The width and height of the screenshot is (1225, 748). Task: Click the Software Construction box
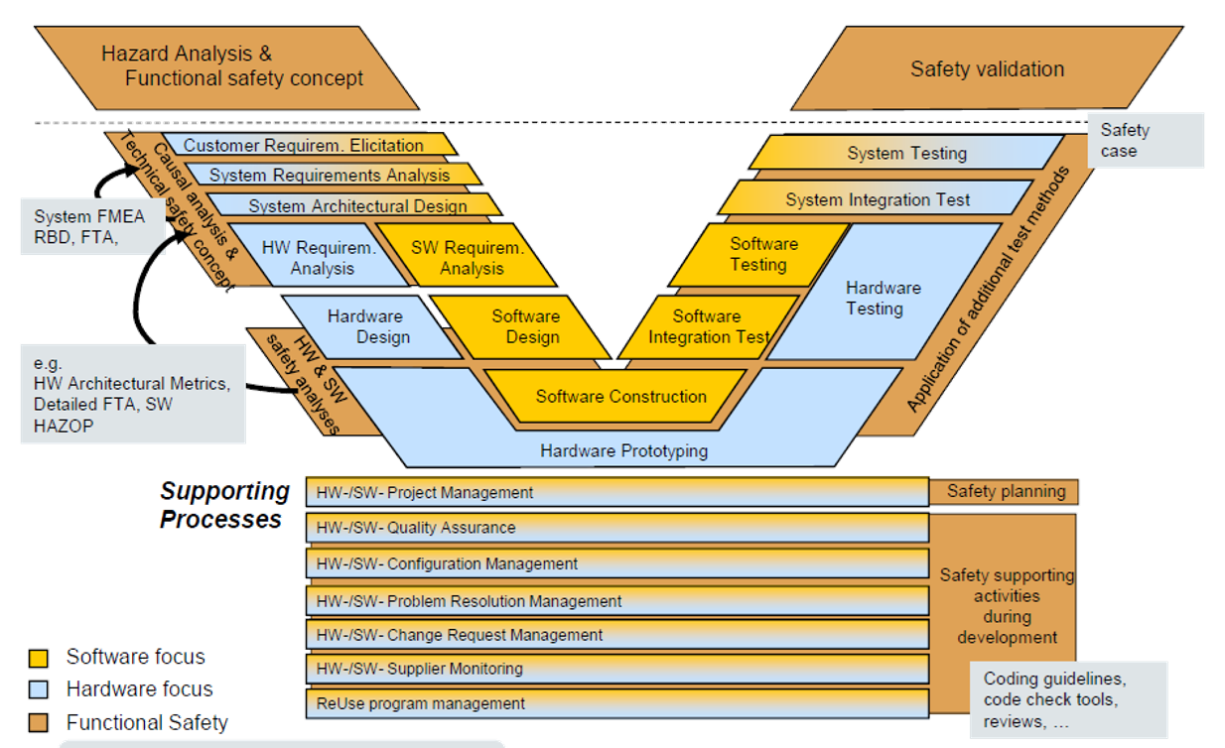click(x=620, y=397)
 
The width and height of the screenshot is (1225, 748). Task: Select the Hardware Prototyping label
click(x=623, y=451)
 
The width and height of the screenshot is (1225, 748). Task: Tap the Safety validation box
click(x=987, y=69)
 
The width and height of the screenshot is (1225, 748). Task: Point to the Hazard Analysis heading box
click(x=232, y=66)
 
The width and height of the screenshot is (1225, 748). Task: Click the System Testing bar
click(x=905, y=153)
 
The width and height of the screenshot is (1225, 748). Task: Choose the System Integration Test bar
click(x=878, y=199)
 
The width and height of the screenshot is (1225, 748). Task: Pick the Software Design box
click(x=525, y=326)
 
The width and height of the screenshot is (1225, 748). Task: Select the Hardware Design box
click(x=365, y=326)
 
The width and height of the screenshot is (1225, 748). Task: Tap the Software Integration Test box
click(x=707, y=326)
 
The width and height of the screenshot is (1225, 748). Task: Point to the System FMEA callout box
click(x=90, y=226)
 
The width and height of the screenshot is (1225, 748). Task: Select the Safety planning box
click(x=1005, y=491)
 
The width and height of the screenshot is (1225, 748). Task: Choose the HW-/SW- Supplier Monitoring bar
click(x=615, y=669)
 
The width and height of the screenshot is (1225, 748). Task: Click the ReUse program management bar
click(x=615, y=703)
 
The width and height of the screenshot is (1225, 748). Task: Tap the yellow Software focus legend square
click(x=39, y=658)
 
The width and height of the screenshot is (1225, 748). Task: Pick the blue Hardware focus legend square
click(x=39, y=689)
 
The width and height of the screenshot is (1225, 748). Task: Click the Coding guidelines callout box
click(x=1068, y=699)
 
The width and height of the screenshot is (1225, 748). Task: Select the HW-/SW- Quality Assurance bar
click(x=615, y=528)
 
